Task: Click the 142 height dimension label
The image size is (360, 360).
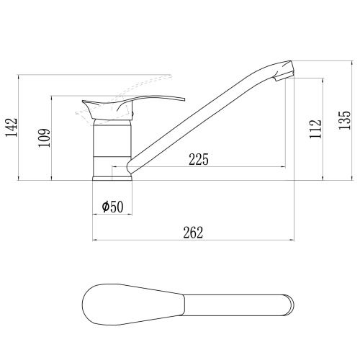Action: [x=12, y=127]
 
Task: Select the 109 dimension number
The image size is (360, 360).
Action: [x=44, y=138]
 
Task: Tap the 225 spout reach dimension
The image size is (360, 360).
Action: [x=199, y=159]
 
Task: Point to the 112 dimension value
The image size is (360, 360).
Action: [x=315, y=129]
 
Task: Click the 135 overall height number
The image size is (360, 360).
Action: [x=344, y=120]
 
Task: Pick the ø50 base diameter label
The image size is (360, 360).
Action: [x=112, y=207]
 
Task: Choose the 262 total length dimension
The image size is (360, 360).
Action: [x=193, y=233]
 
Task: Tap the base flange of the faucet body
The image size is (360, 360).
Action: [x=112, y=179]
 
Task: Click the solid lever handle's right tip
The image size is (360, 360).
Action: [x=185, y=99]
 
